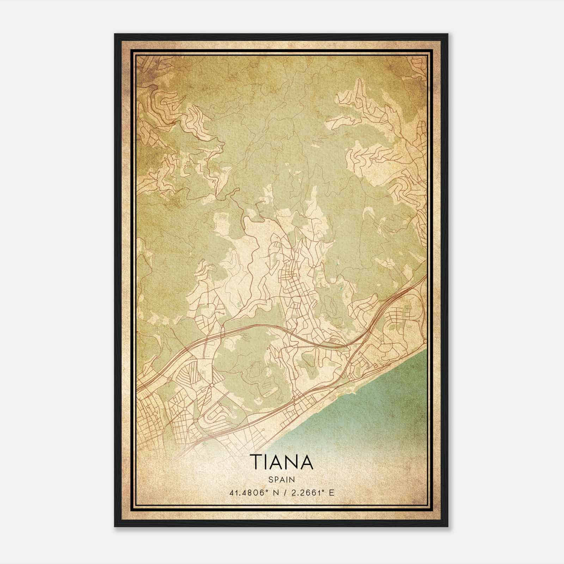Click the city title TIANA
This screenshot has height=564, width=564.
282,461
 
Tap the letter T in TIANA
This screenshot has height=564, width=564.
256,461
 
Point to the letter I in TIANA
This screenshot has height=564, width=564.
267,461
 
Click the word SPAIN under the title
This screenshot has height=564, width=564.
282,479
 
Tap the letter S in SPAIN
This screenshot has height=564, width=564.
271,479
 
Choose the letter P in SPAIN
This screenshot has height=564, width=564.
276,479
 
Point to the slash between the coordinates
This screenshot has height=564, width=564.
282,493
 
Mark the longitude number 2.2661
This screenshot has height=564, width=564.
302,493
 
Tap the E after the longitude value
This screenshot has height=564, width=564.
331,493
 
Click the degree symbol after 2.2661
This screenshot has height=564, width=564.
321,491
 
